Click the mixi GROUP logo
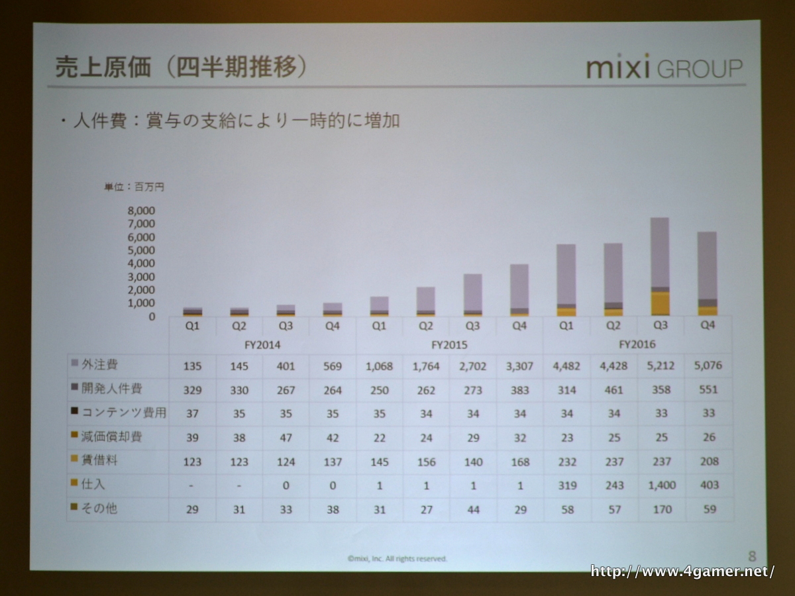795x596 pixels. [664, 68]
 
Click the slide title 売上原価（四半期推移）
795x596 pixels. [181, 67]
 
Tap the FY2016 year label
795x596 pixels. [637, 344]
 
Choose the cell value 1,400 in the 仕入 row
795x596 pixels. [662, 485]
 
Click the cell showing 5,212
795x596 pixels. [662, 366]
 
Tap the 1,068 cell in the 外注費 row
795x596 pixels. [380, 366]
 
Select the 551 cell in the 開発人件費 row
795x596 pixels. [708, 389]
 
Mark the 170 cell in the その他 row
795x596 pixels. [662, 509]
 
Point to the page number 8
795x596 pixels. [751, 556]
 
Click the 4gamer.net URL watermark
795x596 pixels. [682, 571]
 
